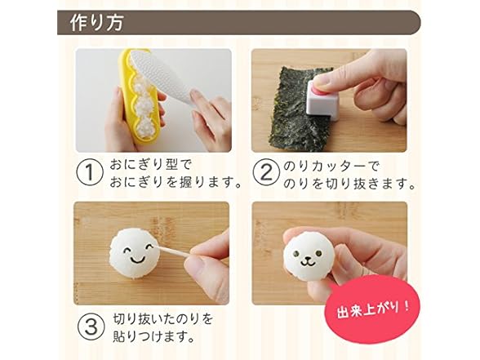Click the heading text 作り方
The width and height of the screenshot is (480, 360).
pyautogui.click(x=96, y=22)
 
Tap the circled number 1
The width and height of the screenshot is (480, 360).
pyautogui.click(x=89, y=172)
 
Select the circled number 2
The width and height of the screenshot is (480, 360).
pyautogui.click(x=266, y=172)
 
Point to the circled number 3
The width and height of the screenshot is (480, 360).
pyautogui.click(x=91, y=327)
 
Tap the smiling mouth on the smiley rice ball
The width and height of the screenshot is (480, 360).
pyautogui.click(x=139, y=260)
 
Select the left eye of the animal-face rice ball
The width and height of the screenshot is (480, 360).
pyautogui.click(x=296, y=253)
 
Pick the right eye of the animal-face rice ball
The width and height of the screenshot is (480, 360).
pyautogui.click(x=318, y=253)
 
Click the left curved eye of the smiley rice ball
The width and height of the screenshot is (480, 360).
pyautogui.click(x=127, y=251)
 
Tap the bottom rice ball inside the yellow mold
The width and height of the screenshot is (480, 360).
pyautogui.click(x=144, y=129)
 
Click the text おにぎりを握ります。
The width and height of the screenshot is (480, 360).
pyautogui.click(x=176, y=183)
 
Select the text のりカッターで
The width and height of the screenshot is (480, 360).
pyautogui.click(x=331, y=167)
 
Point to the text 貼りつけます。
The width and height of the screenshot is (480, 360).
pyautogui.click(x=154, y=336)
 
